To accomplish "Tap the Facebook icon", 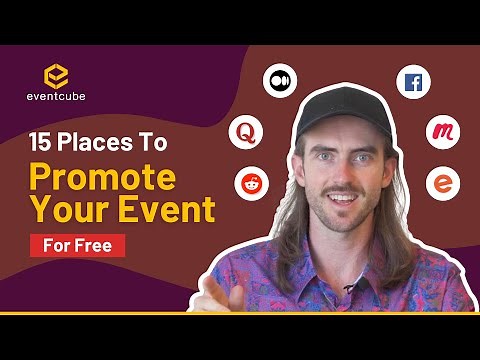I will click(x=413, y=82).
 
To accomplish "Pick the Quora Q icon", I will click(x=243, y=131).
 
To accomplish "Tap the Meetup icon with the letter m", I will click(x=442, y=132).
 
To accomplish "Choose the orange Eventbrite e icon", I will click(x=441, y=183).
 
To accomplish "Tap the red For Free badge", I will click(x=77, y=244).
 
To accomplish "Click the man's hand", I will click(x=222, y=296).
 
